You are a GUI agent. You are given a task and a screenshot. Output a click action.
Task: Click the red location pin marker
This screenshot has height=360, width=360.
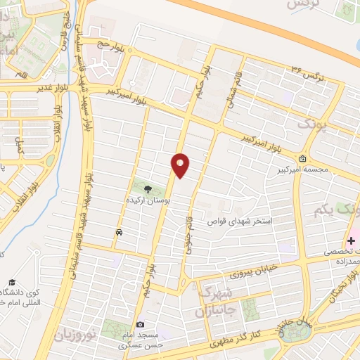point(181,165)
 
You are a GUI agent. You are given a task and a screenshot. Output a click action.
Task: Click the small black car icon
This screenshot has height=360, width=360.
point(119,232)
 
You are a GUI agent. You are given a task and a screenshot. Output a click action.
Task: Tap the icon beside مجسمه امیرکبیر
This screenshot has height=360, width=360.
point(302,158)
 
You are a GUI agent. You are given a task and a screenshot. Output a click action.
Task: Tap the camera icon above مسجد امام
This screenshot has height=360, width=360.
point(141,325)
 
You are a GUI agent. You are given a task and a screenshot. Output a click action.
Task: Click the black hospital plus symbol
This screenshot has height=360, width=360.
point(350,240)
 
